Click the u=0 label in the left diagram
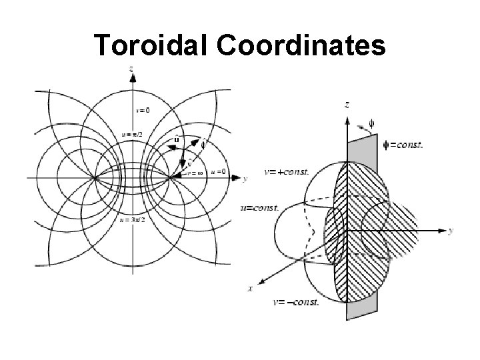[x=218, y=171]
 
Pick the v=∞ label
[x=195, y=172]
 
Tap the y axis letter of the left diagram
[x=246, y=179]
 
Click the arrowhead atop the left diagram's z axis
[x=133, y=77]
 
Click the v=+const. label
[x=287, y=172]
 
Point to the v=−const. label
[x=296, y=302]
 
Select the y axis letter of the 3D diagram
[x=452, y=231]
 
